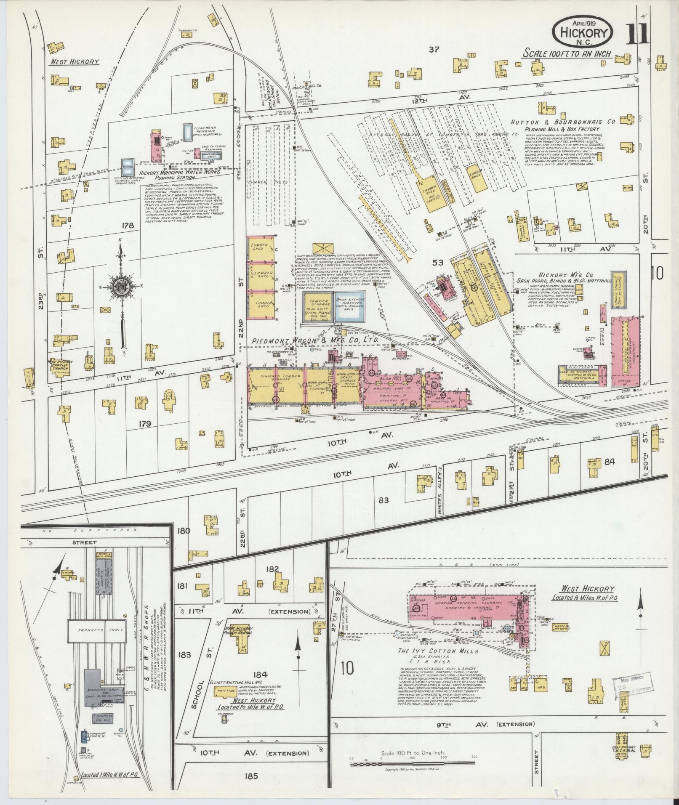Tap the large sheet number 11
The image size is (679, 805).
[x=637, y=35]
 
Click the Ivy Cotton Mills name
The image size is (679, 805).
[x=438, y=662]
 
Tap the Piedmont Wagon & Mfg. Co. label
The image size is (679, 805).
[x=316, y=340]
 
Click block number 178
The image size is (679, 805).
[x=128, y=226]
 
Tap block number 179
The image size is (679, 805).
[x=144, y=424]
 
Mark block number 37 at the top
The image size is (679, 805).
[x=434, y=50]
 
